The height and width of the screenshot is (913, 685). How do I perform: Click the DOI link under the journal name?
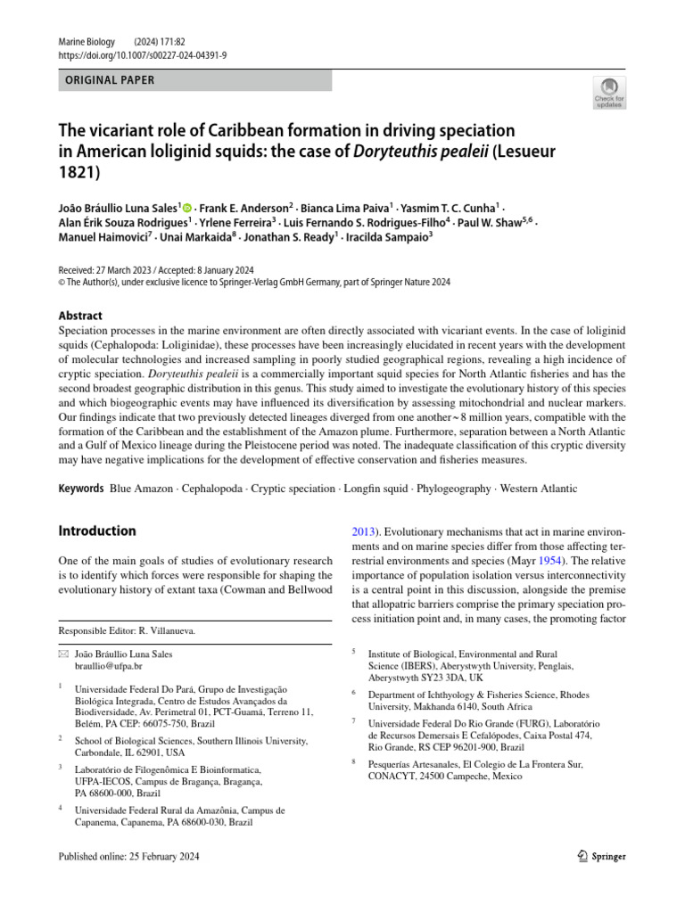pyautogui.click(x=142, y=54)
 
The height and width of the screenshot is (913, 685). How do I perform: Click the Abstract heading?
pyautogui.click(x=80, y=316)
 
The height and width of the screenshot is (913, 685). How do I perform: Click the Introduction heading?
pyautogui.click(x=97, y=531)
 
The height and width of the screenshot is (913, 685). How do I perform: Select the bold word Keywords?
pyautogui.click(x=81, y=489)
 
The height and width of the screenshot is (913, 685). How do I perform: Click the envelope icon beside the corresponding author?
pyautogui.click(x=62, y=654)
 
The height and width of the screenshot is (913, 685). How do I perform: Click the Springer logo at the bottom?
pyautogui.click(x=602, y=857)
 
